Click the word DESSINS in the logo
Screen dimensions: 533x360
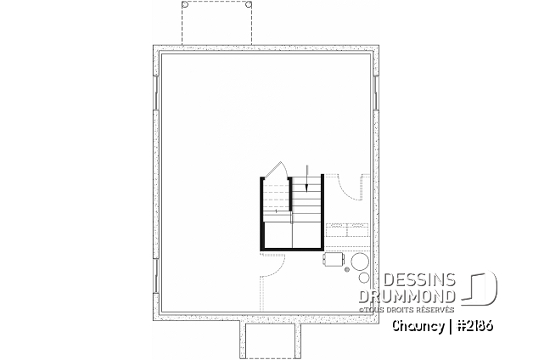pos(418,280)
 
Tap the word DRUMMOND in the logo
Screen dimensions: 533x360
pos(407,296)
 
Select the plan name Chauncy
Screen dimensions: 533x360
pos(418,326)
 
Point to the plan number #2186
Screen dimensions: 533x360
pos(475,326)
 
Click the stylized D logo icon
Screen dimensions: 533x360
pos(480,287)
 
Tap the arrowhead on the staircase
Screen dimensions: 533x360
pos(306,188)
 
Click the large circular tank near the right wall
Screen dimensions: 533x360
pos(360,262)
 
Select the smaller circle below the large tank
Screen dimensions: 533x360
pos(364,278)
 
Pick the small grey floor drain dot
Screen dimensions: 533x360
pos(347,270)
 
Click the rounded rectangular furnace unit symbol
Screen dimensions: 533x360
pos(333,259)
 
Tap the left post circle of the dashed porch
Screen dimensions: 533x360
pos(185,5)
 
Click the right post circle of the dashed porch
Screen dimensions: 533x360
pos(249,5)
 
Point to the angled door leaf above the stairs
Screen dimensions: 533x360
pos(272,169)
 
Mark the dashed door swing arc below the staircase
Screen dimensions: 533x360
pos(278,268)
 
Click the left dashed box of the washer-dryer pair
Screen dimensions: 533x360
pos(336,230)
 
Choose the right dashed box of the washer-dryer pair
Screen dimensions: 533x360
pos(357,230)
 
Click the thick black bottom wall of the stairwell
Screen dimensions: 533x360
pos(292,250)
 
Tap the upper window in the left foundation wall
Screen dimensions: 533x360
pos(156,93)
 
